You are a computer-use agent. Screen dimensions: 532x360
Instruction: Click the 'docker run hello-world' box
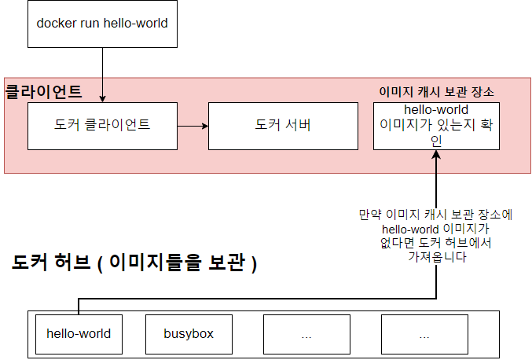point(102,24)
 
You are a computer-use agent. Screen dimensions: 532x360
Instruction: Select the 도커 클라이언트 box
point(102,125)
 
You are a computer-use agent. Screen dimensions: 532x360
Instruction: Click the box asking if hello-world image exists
point(436,125)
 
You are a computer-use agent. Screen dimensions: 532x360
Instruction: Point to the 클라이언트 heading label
point(44,91)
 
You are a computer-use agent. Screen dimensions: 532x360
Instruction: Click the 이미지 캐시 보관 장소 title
point(436,91)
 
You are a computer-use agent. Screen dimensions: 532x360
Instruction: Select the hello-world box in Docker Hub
point(79,333)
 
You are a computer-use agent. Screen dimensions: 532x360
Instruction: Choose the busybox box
point(189,333)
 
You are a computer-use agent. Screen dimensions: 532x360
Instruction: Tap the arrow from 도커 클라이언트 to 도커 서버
point(193,125)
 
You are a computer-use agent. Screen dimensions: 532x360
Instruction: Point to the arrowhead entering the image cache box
point(436,154)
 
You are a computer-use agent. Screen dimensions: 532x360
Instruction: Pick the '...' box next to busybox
point(306,333)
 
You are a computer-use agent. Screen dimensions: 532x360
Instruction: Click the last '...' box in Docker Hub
point(424,333)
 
